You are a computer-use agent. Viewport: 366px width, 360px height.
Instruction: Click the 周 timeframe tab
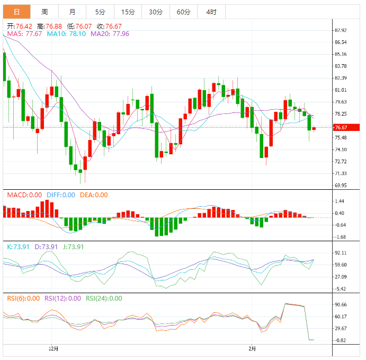[44, 12]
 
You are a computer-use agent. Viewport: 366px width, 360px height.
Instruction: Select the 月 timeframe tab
[72, 12]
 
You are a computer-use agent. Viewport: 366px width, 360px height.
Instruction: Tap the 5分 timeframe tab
[100, 12]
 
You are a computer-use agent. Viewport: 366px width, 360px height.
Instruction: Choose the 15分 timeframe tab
[128, 12]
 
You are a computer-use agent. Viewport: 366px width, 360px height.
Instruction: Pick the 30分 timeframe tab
[156, 12]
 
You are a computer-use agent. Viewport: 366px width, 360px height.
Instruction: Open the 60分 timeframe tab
[183, 12]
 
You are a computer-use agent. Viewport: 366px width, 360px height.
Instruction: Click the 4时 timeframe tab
[211, 12]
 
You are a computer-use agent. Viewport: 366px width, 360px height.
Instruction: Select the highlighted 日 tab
[17, 12]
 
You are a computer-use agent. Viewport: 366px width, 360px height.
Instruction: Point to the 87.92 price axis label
[341, 30]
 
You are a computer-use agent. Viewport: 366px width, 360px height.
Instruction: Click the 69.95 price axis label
[341, 186]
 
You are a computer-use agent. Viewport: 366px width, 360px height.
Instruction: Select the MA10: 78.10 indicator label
[66, 33]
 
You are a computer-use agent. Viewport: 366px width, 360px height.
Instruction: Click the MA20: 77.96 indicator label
[110, 33]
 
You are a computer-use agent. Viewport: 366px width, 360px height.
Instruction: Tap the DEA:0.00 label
[94, 195]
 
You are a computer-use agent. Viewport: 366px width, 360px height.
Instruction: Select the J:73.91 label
[73, 247]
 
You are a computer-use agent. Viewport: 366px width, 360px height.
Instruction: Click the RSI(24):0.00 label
[104, 298]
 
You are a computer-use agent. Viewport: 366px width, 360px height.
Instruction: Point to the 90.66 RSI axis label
[341, 305]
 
